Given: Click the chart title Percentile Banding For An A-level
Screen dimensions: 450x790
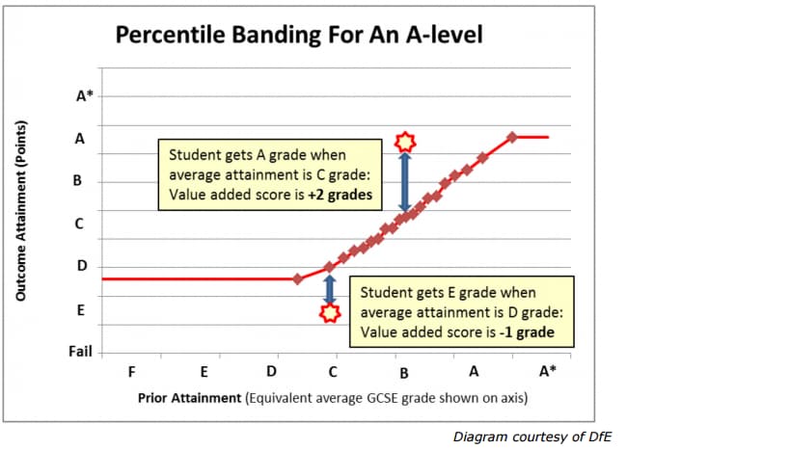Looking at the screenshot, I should pyautogui.click(x=299, y=36).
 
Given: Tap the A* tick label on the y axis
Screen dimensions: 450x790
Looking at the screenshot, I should pyautogui.click(x=85, y=95).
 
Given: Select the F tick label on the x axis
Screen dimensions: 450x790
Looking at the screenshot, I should pyautogui.click(x=132, y=371).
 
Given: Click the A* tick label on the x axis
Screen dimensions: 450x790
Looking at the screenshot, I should pyautogui.click(x=547, y=371).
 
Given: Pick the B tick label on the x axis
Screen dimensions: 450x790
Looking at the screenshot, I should pyautogui.click(x=404, y=372).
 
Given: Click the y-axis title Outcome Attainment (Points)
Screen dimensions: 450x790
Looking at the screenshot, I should pyautogui.click(x=21, y=211).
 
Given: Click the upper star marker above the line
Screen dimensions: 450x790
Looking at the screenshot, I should pyautogui.click(x=406, y=142).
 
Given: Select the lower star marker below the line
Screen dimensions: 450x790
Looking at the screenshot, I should pyautogui.click(x=330, y=312).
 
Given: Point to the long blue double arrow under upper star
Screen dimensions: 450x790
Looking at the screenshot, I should pyautogui.click(x=406, y=181).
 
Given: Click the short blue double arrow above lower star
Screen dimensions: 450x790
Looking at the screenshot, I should pyautogui.click(x=330, y=286).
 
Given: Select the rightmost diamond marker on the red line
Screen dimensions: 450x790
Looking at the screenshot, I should pyautogui.click(x=512, y=137).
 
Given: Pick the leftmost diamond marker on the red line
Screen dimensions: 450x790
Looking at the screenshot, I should pyautogui.click(x=297, y=278).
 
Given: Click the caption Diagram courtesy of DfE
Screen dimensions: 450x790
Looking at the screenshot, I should pyautogui.click(x=532, y=437).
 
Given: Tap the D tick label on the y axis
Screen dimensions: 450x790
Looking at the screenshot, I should pyautogui.click(x=82, y=266).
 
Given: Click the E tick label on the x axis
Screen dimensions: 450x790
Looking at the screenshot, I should pyautogui.click(x=204, y=371).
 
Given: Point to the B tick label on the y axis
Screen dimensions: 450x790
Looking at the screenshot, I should pyautogui.click(x=82, y=180).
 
